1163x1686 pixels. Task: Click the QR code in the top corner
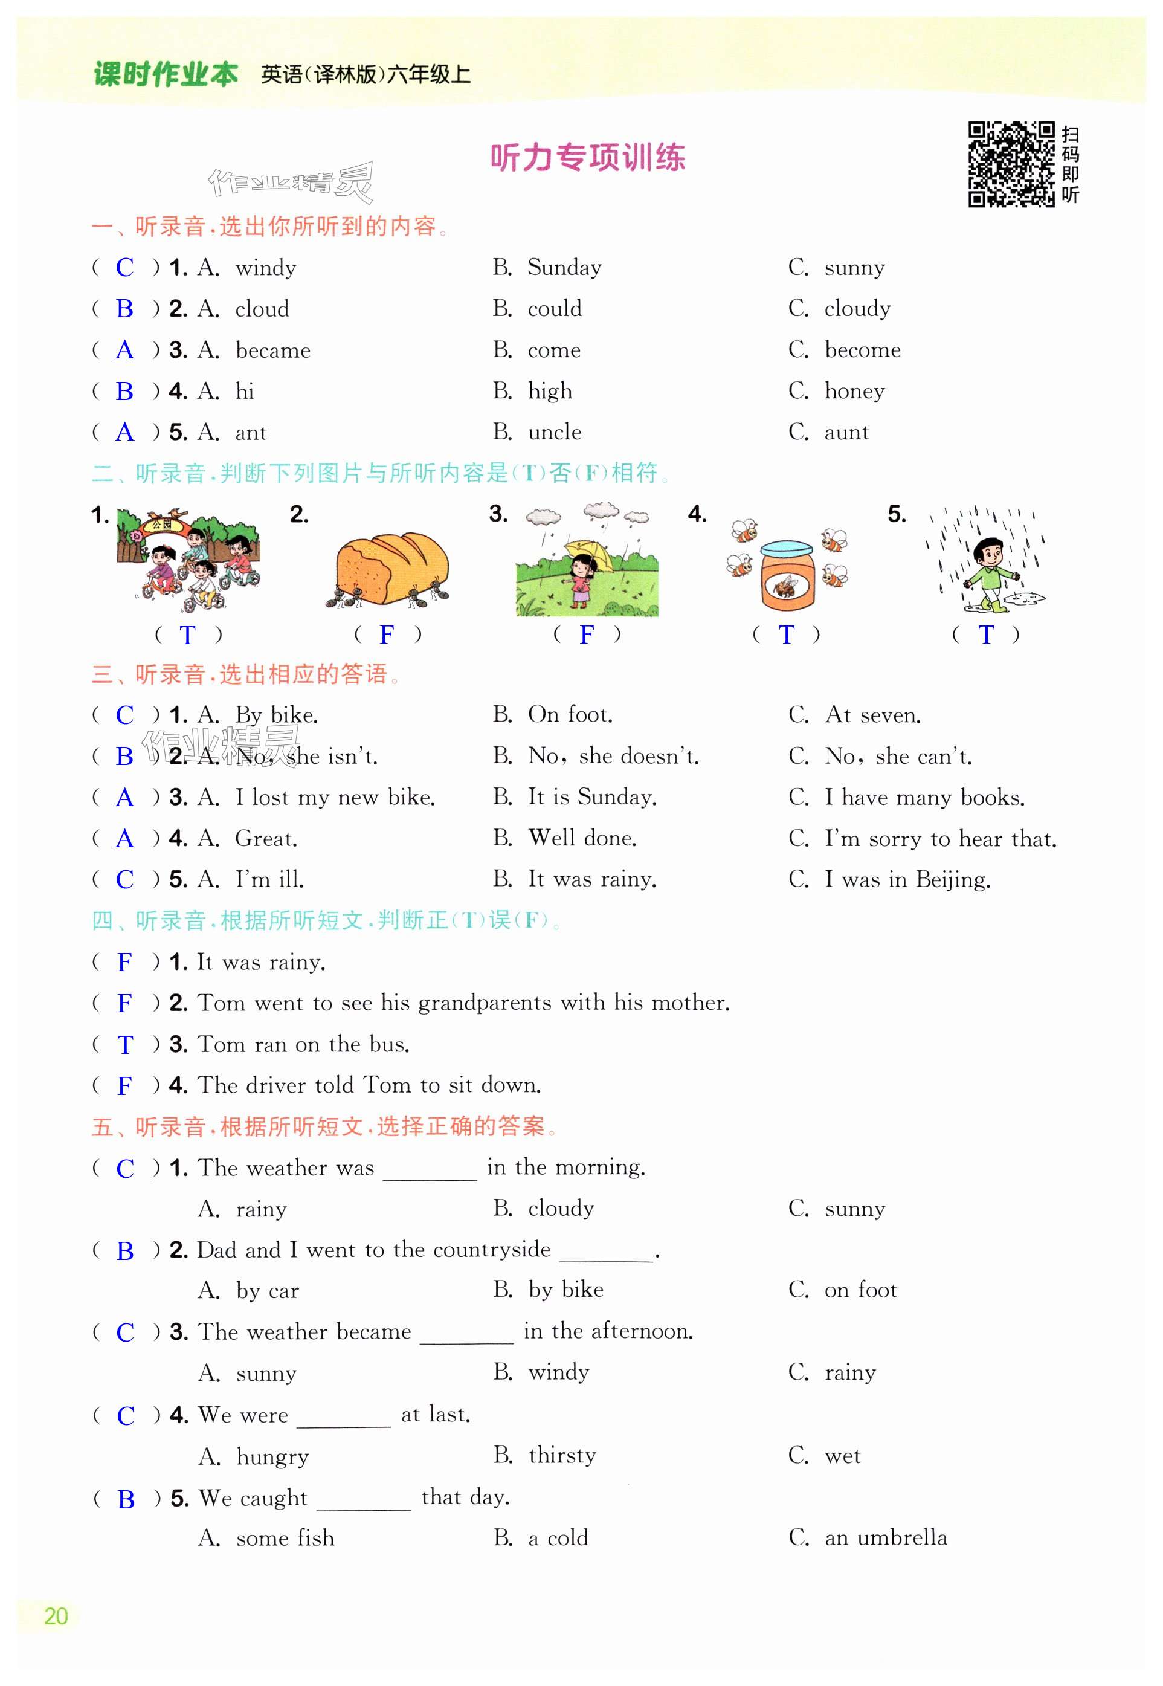(x=1010, y=164)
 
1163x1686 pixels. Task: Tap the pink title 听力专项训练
(x=587, y=158)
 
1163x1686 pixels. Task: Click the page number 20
(x=56, y=1616)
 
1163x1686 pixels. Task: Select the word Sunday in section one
(x=565, y=268)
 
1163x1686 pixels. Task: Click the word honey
(x=854, y=392)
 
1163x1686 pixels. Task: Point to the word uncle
(x=555, y=432)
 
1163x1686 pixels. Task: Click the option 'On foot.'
(x=570, y=714)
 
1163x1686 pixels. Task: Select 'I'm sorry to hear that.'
(x=940, y=839)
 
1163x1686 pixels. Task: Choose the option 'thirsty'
(x=562, y=1456)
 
